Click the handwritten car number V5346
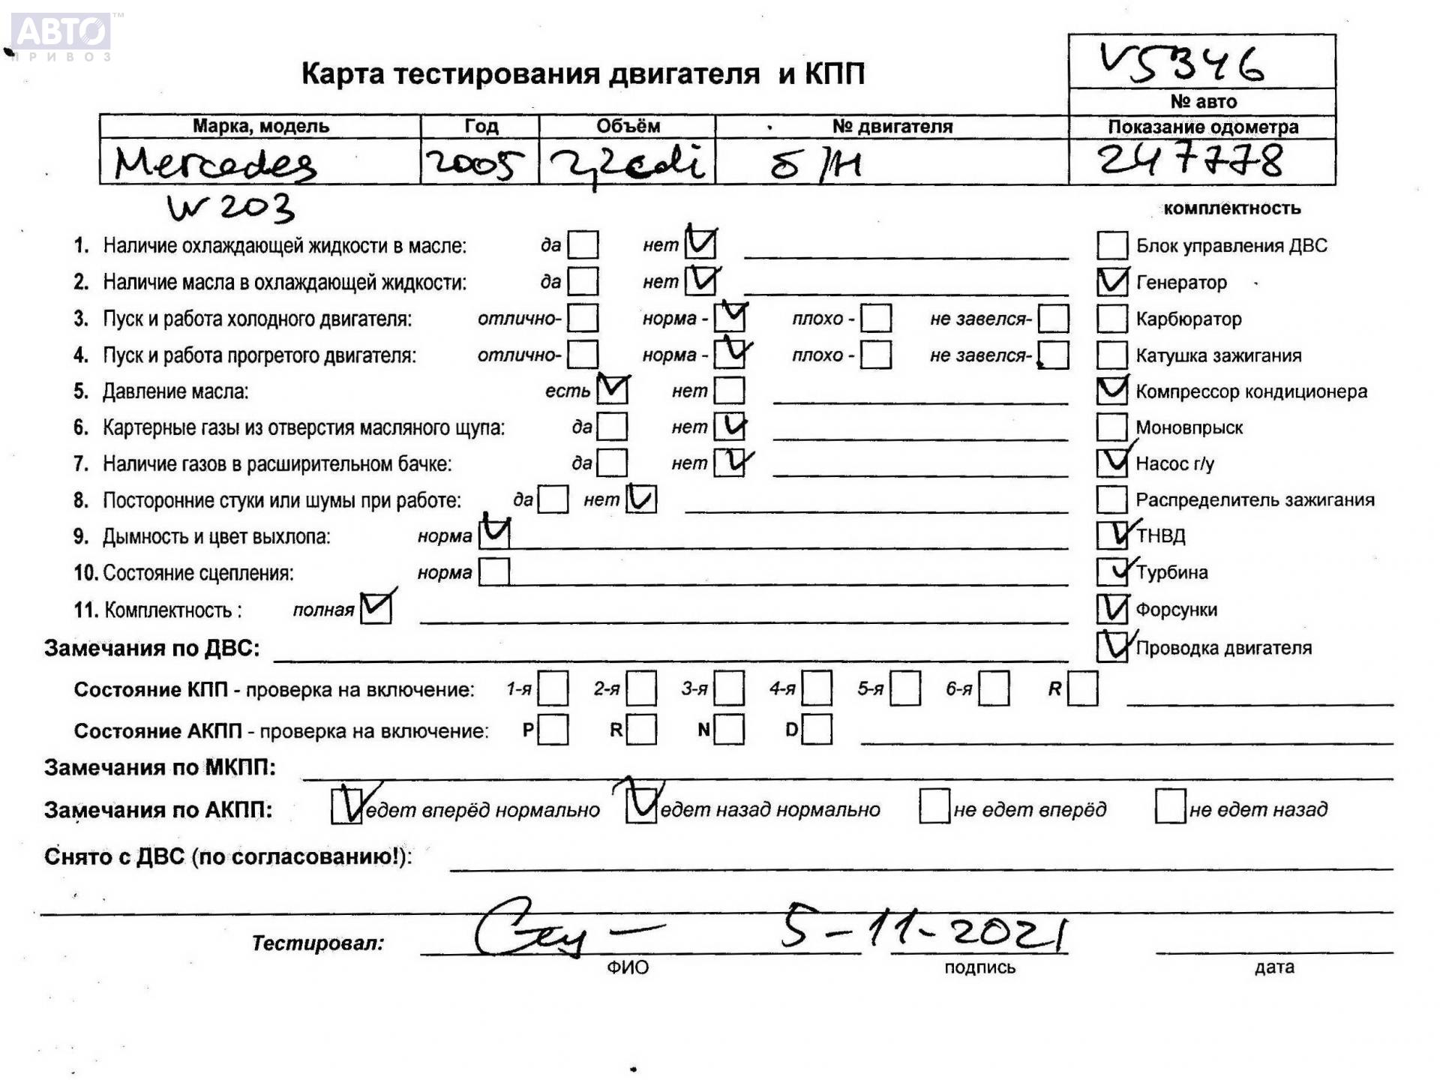1182,61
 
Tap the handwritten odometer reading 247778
1190,160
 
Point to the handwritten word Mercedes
215,163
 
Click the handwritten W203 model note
230,208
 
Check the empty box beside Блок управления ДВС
1111,245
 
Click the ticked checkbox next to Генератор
1111,282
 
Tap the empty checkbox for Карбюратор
1111,319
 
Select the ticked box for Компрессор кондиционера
1111,391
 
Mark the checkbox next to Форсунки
1111,609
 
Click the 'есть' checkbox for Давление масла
612,390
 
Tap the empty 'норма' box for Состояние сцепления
494,572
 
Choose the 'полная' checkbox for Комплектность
375,608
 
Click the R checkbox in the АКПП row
641,729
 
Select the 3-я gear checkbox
729,688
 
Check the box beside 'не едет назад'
1170,807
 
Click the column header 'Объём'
628,126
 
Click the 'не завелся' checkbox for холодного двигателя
1054,318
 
